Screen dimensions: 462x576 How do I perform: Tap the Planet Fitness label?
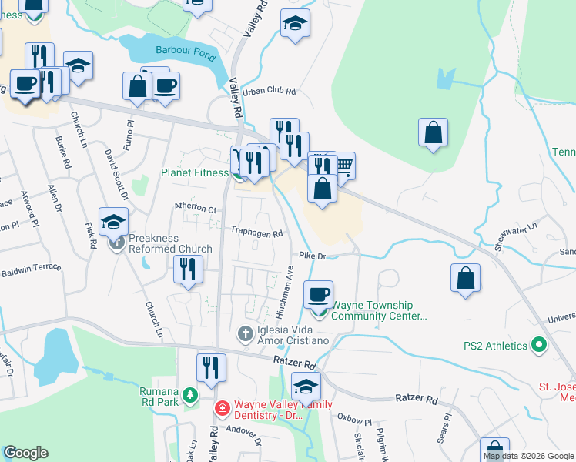point(194,173)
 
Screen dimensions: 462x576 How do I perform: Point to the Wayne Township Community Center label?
point(378,310)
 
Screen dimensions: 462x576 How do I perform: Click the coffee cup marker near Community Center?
point(318,294)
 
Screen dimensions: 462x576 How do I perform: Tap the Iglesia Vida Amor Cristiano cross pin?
point(245,334)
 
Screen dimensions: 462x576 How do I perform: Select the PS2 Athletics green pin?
point(539,346)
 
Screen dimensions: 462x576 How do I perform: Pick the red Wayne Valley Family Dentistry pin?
point(221,408)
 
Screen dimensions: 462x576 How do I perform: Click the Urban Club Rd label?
point(269,91)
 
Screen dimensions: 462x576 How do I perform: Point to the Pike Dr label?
point(313,256)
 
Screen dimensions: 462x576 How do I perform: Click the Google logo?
point(25,453)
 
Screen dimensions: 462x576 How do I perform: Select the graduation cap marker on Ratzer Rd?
point(306,386)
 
